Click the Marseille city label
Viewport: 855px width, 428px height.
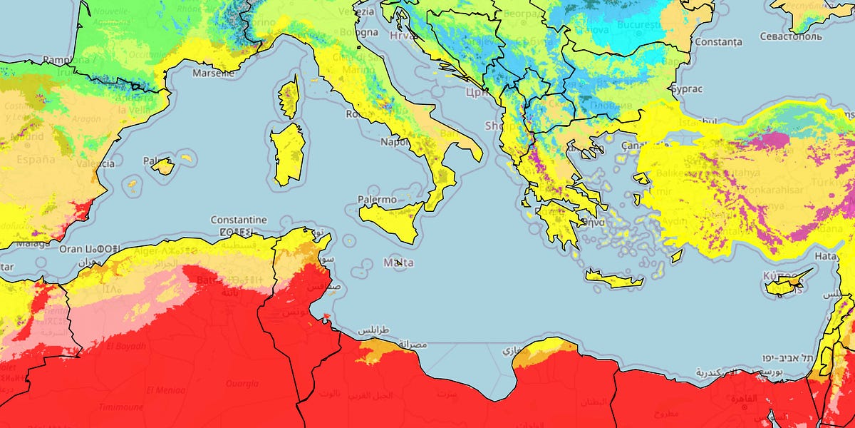click(x=214, y=72)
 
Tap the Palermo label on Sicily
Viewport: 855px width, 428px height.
click(x=377, y=200)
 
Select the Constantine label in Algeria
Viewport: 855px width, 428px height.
click(x=239, y=220)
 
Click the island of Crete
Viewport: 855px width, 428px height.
click(x=614, y=279)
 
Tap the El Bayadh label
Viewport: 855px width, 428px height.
click(x=126, y=347)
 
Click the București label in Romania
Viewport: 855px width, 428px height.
click(x=638, y=25)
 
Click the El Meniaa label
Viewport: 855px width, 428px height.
click(x=165, y=390)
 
